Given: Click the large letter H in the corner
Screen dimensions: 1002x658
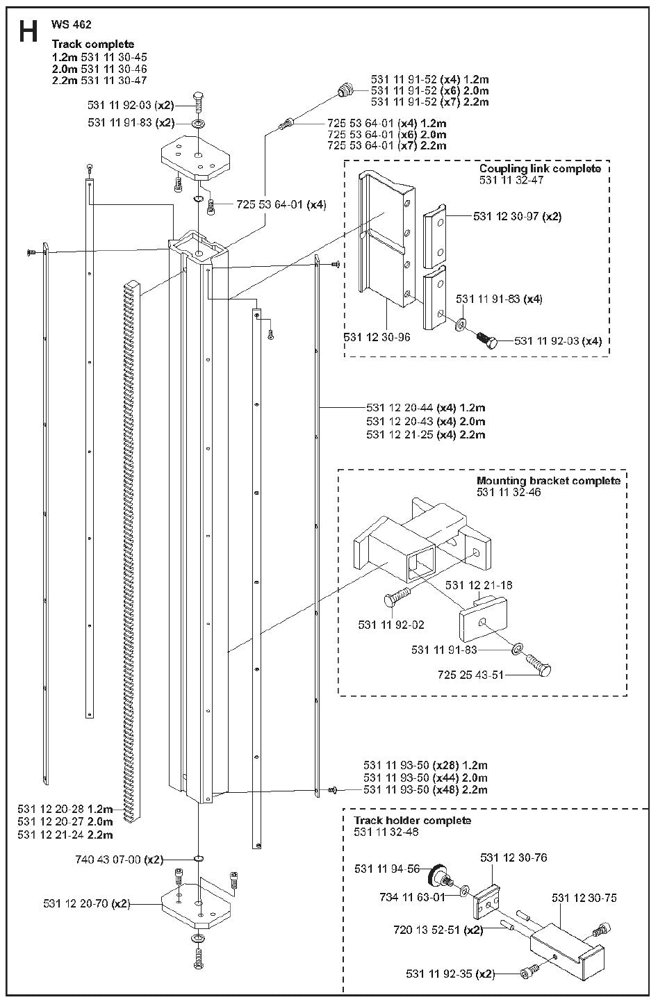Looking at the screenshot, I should click(28, 32).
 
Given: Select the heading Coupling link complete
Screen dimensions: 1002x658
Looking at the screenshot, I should click(540, 169).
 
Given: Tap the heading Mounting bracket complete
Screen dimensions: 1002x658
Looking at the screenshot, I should click(548, 481).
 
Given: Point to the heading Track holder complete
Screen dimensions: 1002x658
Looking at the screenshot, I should click(412, 820).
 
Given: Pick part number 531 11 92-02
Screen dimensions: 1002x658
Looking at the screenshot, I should click(392, 625).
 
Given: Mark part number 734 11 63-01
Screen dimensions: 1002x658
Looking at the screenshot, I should click(413, 896).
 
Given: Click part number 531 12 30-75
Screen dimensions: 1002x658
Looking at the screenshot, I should click(584, 898).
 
